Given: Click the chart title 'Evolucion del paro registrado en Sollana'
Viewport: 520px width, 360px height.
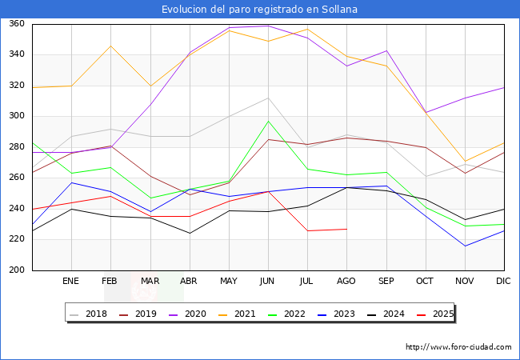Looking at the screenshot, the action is pyautogui.click(x=259, y=10).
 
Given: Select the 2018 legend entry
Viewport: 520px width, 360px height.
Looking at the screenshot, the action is pyautogui.click(x=88, y=314).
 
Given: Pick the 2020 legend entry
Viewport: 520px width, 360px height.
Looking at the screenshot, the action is pyautogui.click(x=187, y=314).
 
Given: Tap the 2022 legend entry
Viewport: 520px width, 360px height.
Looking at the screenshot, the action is pyautogui.click(x=286, y=314).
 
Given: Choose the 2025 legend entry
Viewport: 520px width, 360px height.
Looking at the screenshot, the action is pyautogui.click(x=435, y=314).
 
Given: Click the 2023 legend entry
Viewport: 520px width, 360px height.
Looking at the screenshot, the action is pyautogui.click(x=336, y=314).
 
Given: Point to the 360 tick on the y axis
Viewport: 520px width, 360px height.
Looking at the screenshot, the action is pyautogui.click(x=17, y=23).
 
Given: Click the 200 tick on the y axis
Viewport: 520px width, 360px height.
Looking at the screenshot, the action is pyautogui.click(x=17, y=270).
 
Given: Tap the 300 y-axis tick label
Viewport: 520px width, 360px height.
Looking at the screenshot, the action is pyautogui.click(x=17, y=116).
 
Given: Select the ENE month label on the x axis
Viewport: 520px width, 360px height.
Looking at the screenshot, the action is pyautogui.click(x=70, y=281).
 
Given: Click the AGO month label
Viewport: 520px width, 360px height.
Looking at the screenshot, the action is pyautogui.click(x=346, y=281).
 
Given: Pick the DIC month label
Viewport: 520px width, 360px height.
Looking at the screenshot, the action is pyautogui.click(x=503, y=281).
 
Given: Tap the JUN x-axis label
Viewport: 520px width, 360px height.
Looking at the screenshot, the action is pyautogui.click(x=267, y=281).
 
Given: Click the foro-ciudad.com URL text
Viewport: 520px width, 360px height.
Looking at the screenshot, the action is pyautogui.click(x=458, y=347).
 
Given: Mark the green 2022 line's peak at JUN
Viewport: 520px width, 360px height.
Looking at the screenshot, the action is pyautogui.click(x=268, y=121).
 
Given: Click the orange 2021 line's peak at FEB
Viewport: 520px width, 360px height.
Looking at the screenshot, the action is pyautogui.click(x=110, y=46).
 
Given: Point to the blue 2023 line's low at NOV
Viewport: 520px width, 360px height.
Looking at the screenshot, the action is pyautogui.click(x=466, y=246).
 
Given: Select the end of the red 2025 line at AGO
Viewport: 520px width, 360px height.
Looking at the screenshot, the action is pyautogui.click(x=347, y=229).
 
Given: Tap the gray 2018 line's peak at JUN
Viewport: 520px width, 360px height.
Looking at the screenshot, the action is pyautogui.click(x=268, y=98).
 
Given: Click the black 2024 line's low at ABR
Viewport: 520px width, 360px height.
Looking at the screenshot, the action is pyautogui.click(x=190, y=233).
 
